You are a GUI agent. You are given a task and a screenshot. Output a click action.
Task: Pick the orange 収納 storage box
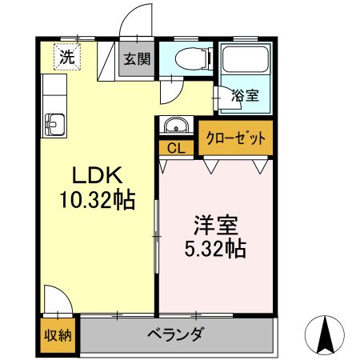click(x=57, y=335)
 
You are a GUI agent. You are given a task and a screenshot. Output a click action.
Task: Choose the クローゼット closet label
click(x=235, y=137)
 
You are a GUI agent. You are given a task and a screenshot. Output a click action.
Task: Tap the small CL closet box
click(x=176, y=148)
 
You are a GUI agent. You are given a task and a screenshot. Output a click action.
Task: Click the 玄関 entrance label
click(x=136, y=59)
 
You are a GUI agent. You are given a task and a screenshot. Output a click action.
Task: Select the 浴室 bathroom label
click(x=245, y=95)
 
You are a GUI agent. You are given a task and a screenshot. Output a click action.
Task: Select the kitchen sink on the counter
click(x=54, y=125)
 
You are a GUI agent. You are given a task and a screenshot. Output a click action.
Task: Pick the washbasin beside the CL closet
click(x=175, y=126)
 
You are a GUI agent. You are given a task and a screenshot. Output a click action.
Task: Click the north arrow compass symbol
click(x=326, y=334)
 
